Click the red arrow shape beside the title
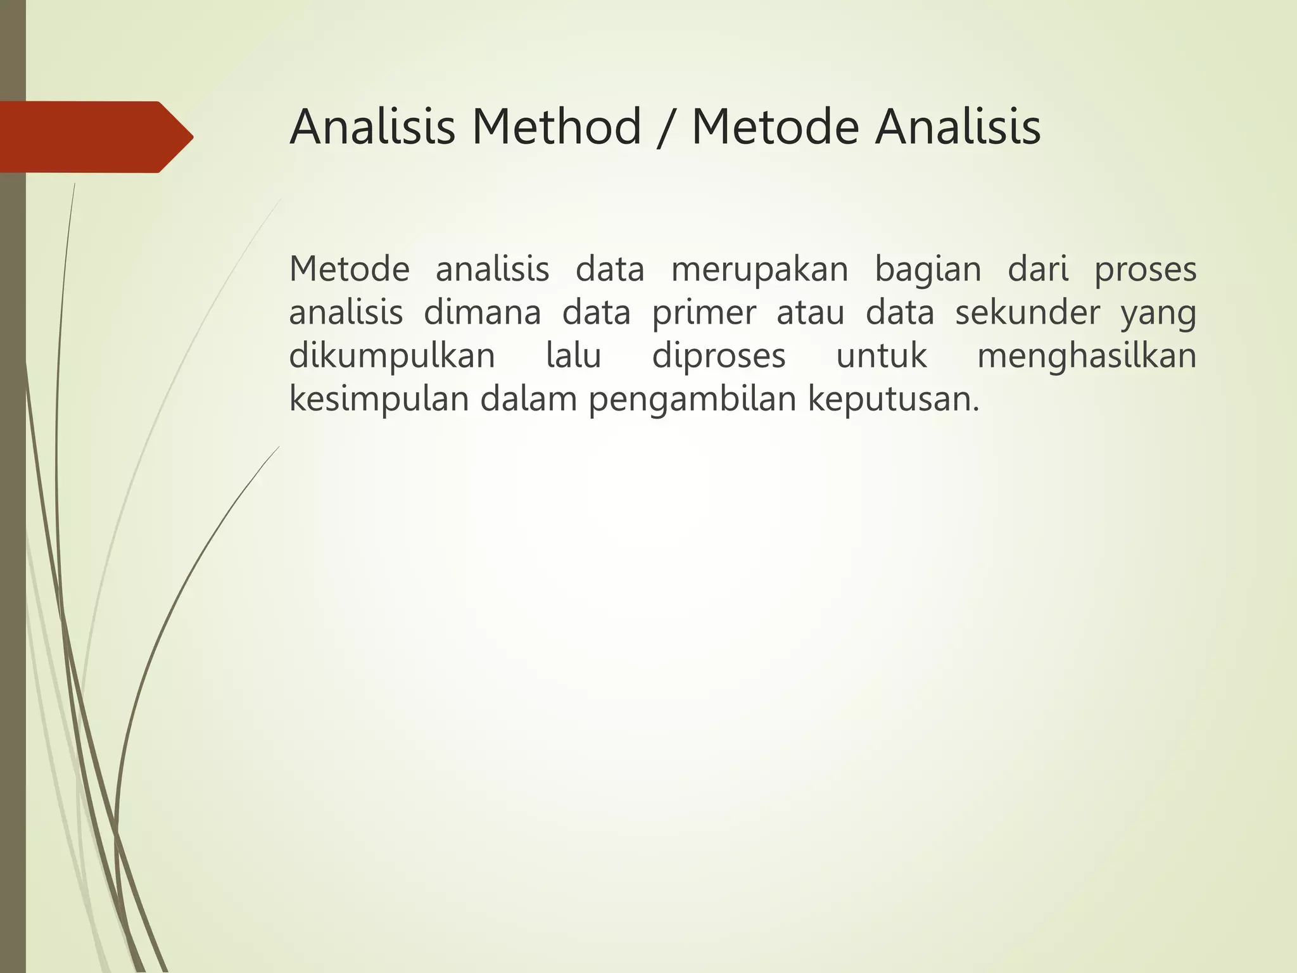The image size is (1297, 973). tap(95, 137)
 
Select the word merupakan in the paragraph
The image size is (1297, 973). tap(759, 270)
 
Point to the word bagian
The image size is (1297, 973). tap(928, 270)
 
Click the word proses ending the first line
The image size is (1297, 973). tap(1145, 270)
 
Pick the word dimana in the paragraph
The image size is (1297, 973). tap(482, 313)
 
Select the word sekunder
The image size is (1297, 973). tap(1027, 313)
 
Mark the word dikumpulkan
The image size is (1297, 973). tap(392, 357)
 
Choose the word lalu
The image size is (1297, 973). tap(573, 356)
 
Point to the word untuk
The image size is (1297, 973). tap(882, 357)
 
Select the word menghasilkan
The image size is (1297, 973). tap(1087, 357)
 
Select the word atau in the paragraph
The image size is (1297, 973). tap(810, 313)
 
